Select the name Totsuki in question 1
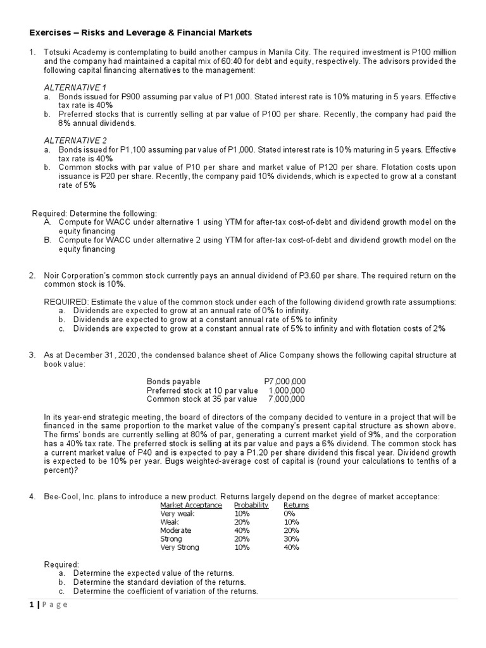click(59, 52)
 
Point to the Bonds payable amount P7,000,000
click(284, 382)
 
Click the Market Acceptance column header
click(191, 505)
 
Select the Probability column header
click(251, 505)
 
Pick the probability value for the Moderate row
click(242, 530)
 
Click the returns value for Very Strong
click(292, 547)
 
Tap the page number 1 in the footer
click(30, 604)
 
